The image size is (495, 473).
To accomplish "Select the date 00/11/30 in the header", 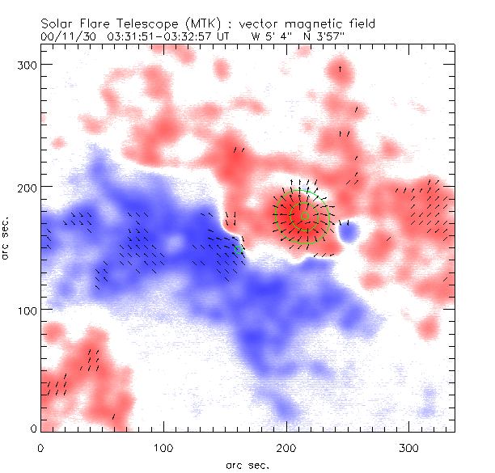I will [66, 36].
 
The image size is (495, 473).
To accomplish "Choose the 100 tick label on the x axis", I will [164, 447].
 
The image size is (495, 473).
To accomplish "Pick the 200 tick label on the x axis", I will [287, 447].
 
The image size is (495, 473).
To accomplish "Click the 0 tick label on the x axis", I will [41, 447].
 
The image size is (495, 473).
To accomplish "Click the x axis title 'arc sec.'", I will [247, 464].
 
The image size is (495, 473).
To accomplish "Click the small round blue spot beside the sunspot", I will [349, 233].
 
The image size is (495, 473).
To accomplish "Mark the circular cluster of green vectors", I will [302, 216].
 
